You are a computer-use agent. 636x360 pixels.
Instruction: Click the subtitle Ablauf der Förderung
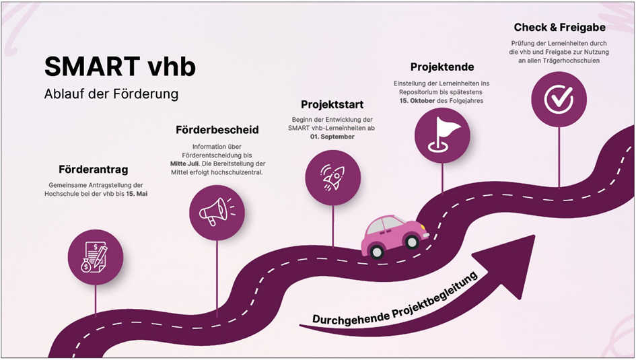(x=111, y=94)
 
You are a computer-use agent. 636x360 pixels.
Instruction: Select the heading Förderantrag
(x=93, y=169)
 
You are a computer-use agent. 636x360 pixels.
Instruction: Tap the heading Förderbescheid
(x=217, y=129)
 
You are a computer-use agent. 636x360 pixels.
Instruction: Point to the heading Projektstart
(x=332, y=104)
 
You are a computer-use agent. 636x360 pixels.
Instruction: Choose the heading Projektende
(x=442, y=67)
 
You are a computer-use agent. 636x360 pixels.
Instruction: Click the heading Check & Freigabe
(x=559, y=28)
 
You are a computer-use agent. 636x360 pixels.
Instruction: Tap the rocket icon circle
(x=332, y=178)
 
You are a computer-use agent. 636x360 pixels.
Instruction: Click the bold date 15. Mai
(x=137, y=194)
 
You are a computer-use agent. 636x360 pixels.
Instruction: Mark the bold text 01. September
(x=332, y=137)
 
